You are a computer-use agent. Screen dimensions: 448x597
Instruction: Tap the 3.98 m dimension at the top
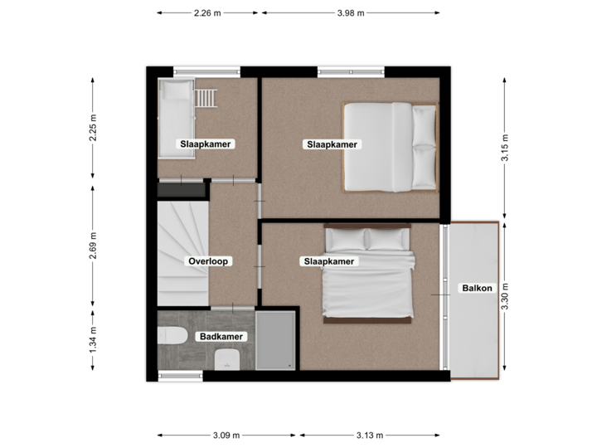point(351,12)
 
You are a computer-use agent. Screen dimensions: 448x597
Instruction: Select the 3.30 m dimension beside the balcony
point(504,296)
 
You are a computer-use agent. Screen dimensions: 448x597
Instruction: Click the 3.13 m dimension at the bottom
point(369,435)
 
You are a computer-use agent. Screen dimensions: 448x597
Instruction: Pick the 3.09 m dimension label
point(226,435)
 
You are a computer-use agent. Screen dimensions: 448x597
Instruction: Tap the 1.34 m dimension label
point(94,341)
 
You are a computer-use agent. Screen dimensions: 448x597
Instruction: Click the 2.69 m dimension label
point(94,246)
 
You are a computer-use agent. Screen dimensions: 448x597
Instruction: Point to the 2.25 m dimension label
point(94,128)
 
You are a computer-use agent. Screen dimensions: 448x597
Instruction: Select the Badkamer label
point(220,337)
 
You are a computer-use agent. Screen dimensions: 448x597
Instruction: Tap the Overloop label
point(208,261)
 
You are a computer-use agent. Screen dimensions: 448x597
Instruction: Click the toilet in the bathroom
point(172,337)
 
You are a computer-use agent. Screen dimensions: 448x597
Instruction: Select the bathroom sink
point(226,359)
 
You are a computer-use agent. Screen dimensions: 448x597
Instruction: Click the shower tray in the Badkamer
point(274,340)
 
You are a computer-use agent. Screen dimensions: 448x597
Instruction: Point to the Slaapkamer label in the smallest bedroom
point(206,144)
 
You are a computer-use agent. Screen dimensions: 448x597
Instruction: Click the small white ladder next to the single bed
point(207,97)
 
